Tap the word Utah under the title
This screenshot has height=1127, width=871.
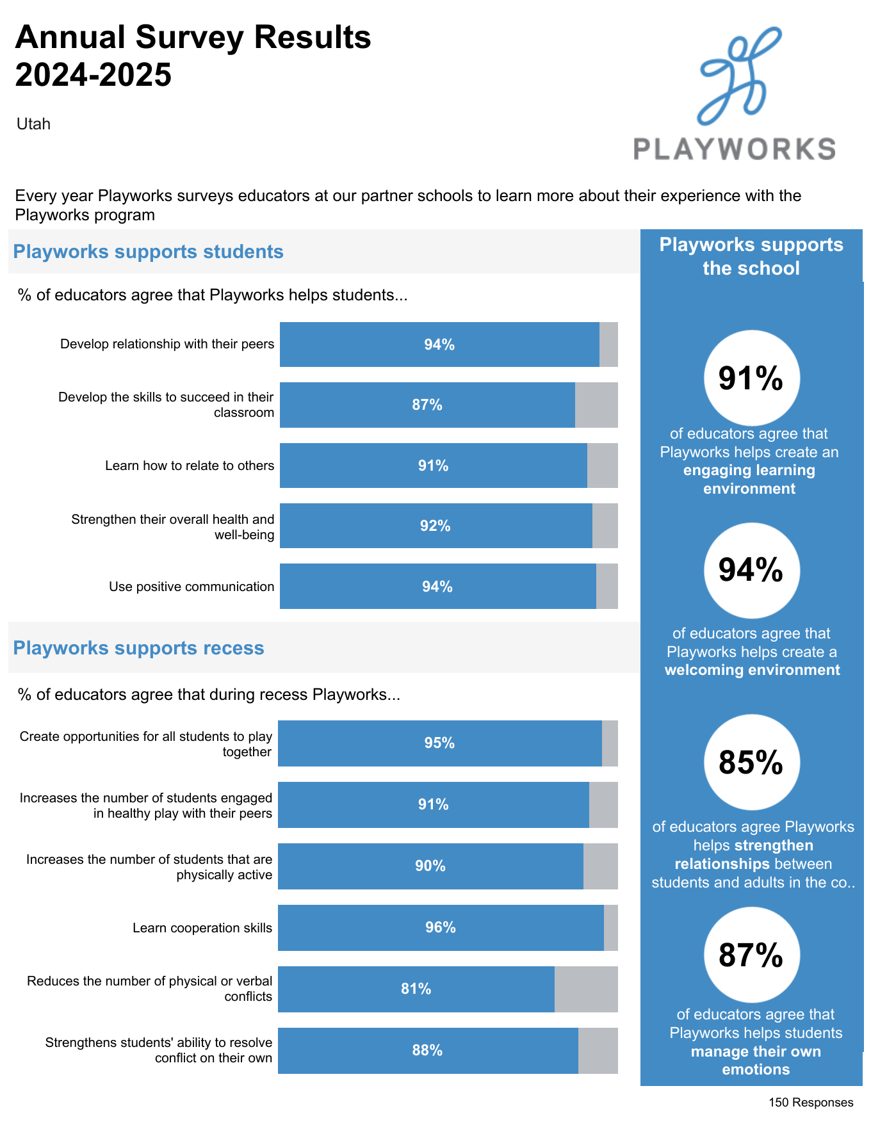pos(33,124)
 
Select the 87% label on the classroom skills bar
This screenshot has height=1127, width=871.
pos(427,405)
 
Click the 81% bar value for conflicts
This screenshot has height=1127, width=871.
pos(416,989)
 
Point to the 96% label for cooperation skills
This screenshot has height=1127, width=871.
pos(441,927)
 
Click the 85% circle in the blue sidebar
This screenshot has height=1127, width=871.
pos(751,763)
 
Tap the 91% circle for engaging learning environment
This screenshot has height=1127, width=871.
pos(751,378)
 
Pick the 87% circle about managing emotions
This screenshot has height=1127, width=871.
pos(751,955)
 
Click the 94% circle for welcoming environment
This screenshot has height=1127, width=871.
pos(751,570)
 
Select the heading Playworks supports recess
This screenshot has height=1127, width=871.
pos(138,648)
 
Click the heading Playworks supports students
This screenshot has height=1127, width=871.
pos(148,252)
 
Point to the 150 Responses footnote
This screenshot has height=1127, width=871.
pos(811,1102)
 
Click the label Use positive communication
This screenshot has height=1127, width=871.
pos(191,587)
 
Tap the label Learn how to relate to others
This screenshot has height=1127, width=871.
pos(190,466)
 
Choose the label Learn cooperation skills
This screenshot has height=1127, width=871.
pos(202,928)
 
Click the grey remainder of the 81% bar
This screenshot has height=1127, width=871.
pos(586,989)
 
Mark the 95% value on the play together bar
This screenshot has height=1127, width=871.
pos(439,743)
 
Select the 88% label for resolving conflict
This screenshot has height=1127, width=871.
pos(427,1050)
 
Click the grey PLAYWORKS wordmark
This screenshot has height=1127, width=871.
pos(734,149)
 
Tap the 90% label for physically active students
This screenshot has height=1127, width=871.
pos(430,866)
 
